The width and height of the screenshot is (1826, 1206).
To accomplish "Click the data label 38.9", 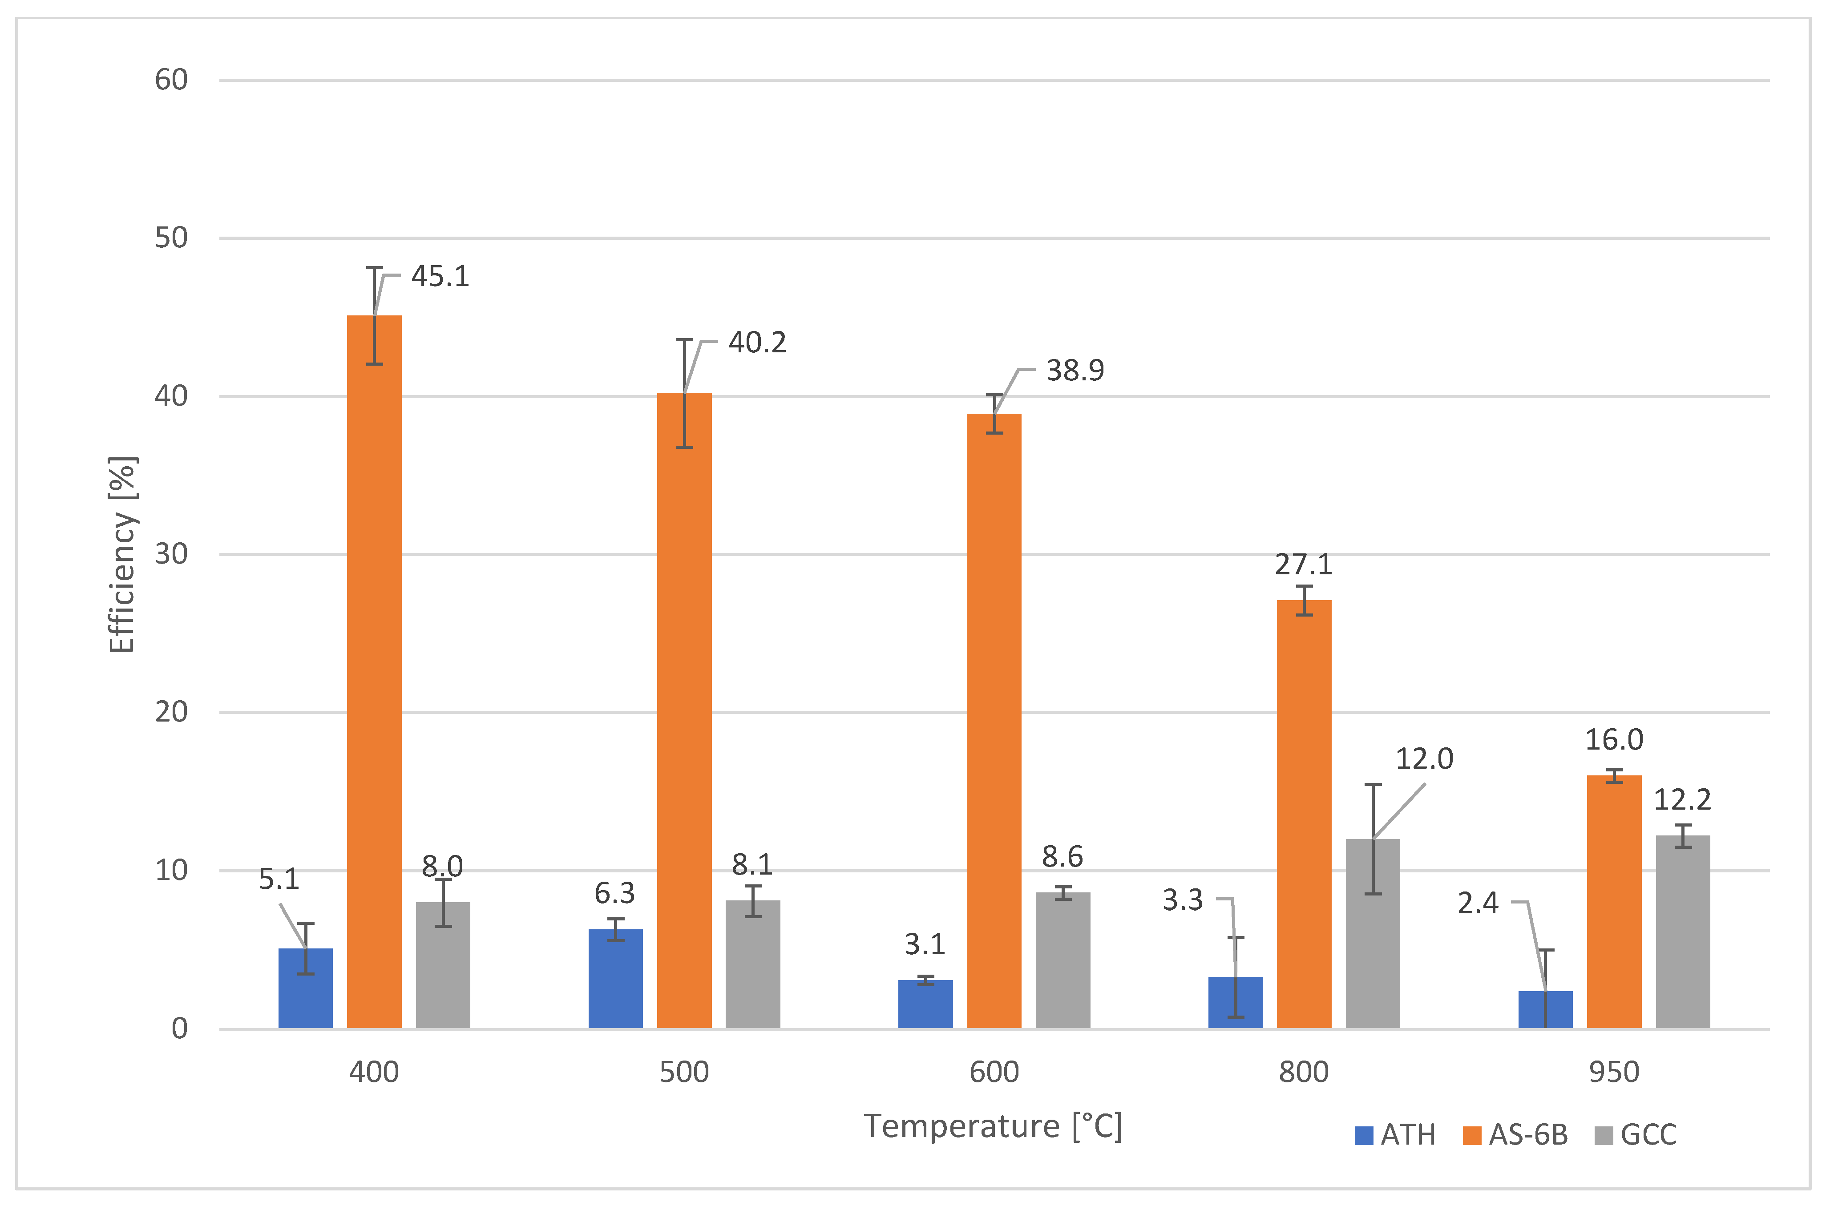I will point(1075,371).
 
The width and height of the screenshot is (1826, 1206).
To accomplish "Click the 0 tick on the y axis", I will point(179,1029).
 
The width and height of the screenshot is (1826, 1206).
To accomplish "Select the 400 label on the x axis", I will point(374,1072).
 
